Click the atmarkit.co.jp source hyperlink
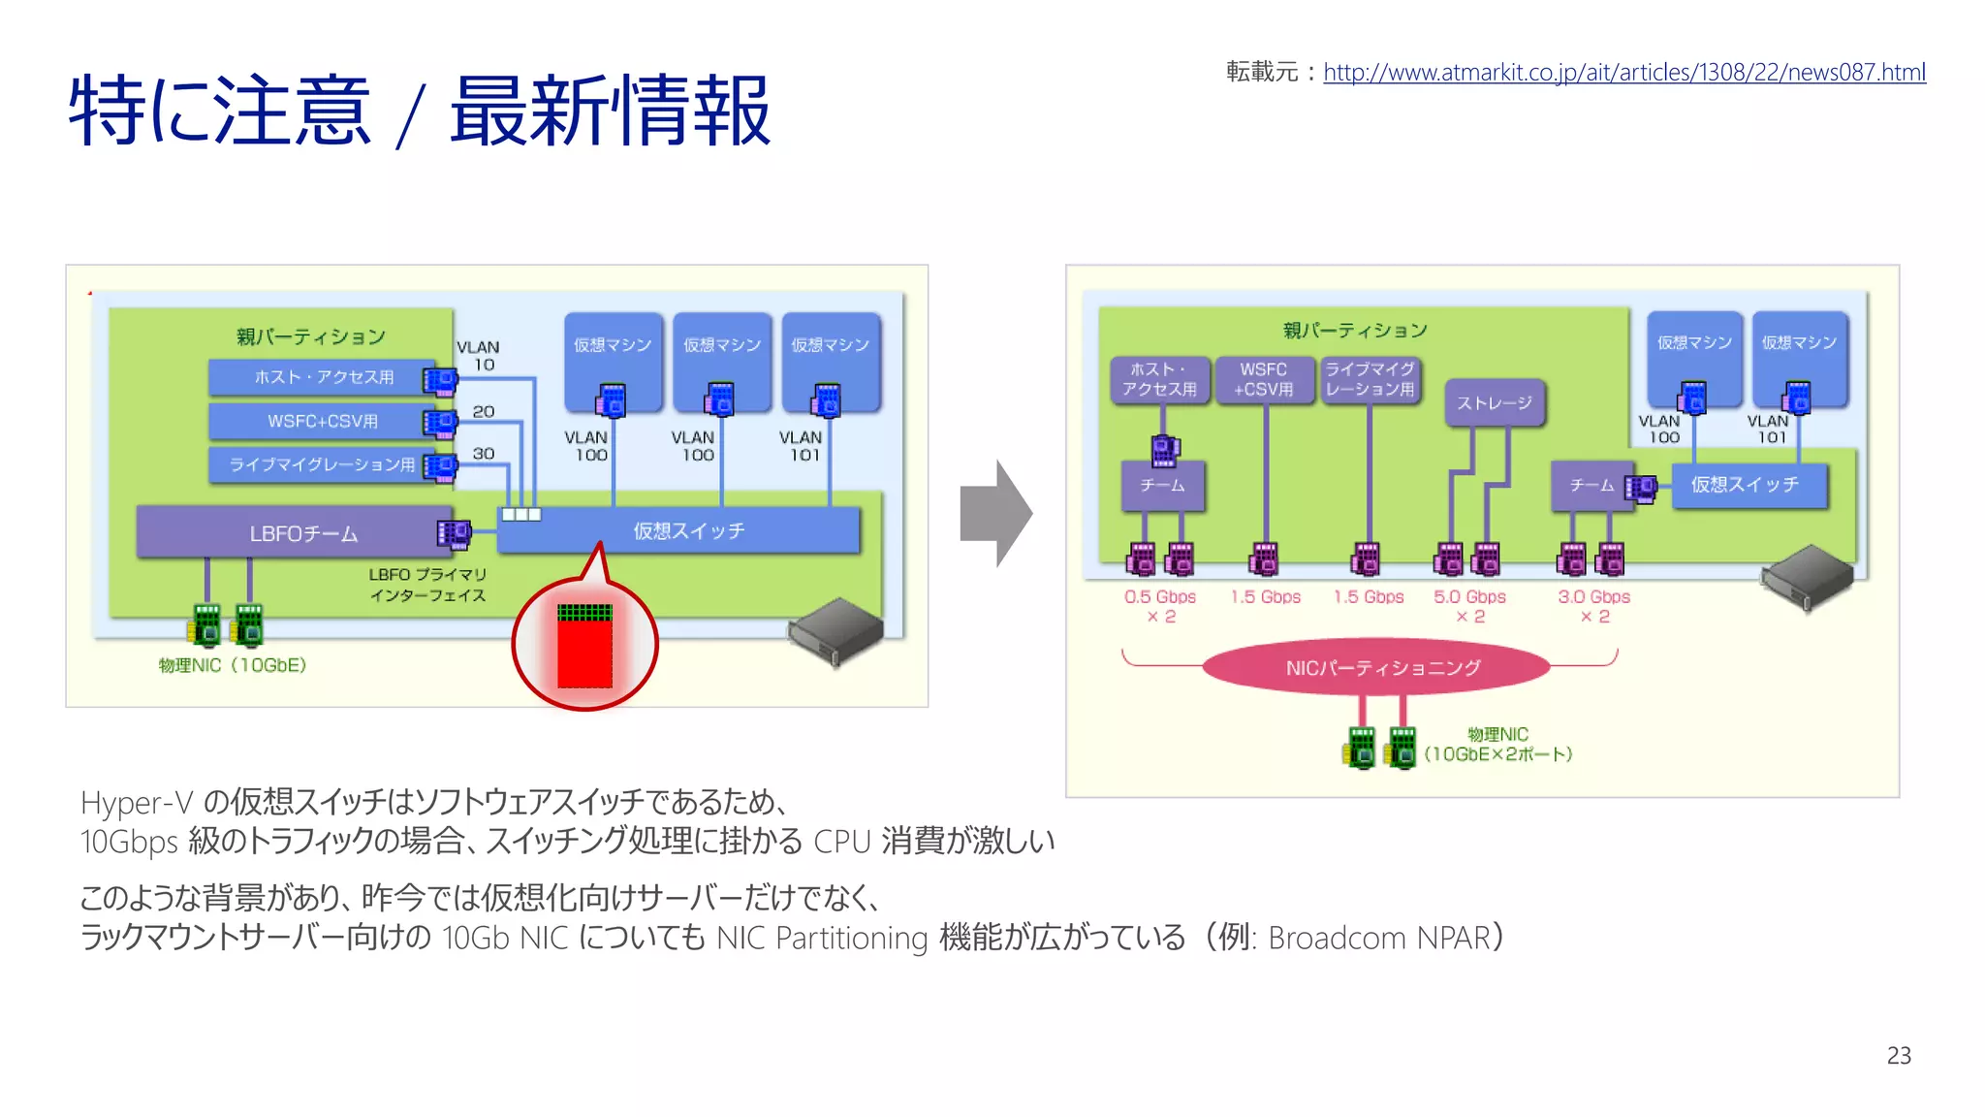point(1623,73)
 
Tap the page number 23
point(1898,1055)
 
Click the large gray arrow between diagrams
point(995,513)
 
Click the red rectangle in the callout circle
point(584,647)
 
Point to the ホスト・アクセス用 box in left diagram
point(324,377)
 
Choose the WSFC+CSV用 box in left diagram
point(322,421)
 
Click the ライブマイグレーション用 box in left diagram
point(322,464)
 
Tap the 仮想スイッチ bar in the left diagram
point(688,530)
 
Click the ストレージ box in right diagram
point(1494,402)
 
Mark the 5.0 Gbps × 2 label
point(1469,606)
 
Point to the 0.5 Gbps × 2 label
point(1159,606)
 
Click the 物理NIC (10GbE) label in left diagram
point(233,665)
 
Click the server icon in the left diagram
point(835,631)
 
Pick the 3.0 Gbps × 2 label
point(1593,606)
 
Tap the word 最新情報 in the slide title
point(611,112)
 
